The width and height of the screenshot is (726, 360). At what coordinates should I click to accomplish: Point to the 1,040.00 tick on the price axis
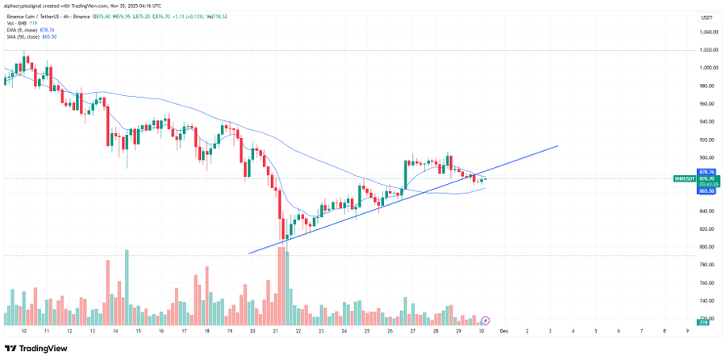point(709,32)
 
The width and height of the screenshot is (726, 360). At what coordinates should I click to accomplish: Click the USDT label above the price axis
point(707,18)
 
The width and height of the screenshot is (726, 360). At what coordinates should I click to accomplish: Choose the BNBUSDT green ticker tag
point(682,179)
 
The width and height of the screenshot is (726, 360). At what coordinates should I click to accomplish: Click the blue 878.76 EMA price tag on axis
point(707,172)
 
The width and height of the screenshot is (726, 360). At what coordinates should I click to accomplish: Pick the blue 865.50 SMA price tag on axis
point(707,191)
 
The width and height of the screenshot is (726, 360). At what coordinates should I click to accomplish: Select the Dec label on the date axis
point(503,330)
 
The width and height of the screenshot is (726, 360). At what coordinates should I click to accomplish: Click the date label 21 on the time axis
point(276,330)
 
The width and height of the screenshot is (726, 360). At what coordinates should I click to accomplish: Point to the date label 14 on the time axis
point(115,330)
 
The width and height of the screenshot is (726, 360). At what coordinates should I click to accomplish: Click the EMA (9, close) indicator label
point(23,30)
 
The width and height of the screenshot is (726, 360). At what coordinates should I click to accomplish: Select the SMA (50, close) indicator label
point(23,36)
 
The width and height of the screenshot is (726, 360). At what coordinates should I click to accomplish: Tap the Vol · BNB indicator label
point(16,23)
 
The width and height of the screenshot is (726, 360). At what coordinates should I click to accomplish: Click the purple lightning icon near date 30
point(486,320)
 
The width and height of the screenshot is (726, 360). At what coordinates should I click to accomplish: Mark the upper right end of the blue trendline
point(557,146)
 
